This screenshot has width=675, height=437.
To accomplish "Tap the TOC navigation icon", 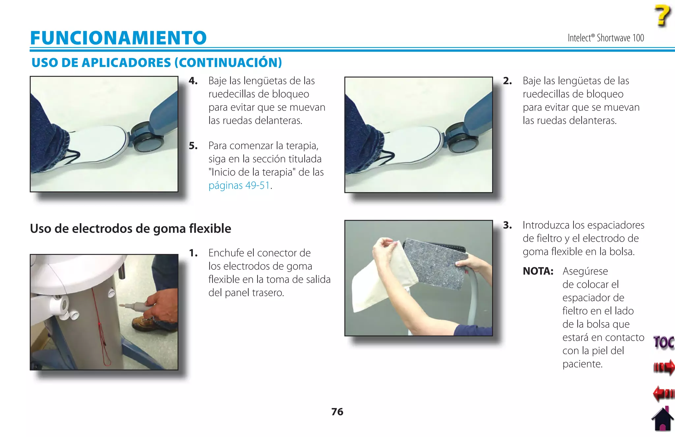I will pyautogui.click(x=663, y=342).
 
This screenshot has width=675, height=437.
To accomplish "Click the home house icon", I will pyautogui.click(x=662, y=420).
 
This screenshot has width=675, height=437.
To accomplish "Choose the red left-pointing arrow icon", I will pyautogui.click(x=663, y=393).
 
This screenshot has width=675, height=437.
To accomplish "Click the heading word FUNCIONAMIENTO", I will pyautogui.click(x=118, y=38).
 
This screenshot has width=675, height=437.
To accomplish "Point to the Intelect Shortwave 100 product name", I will pyautogui.click(x=605, y=38).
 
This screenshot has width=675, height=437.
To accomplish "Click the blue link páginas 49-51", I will pyautogui.click(x=239, y=185).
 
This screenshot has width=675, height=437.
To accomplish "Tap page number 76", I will pyautogui.click(x=337, y=412).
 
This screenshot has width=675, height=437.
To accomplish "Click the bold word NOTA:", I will pyautogui.click(x=538, y=271).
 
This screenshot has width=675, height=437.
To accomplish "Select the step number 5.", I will pyautogui.click(x=193, y=146).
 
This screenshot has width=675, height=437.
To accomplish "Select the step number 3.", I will pyautogui.click(x=507, y=225).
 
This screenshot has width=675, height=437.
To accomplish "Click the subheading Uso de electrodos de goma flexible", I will pyautogui.click(x=131, y=229).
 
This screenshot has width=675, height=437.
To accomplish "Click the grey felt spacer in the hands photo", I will pyautogui.click(x=435, y=264).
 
